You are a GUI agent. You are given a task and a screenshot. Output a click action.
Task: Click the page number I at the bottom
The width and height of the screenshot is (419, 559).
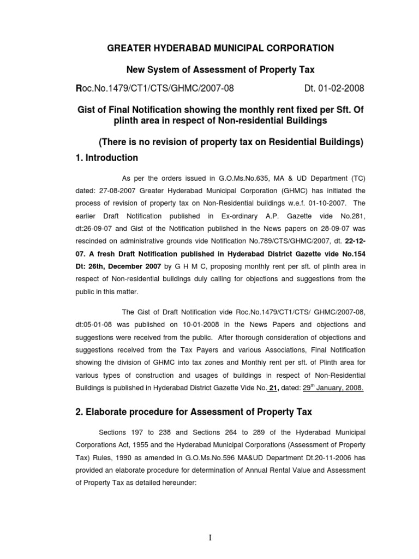click(x=210, y=538)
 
